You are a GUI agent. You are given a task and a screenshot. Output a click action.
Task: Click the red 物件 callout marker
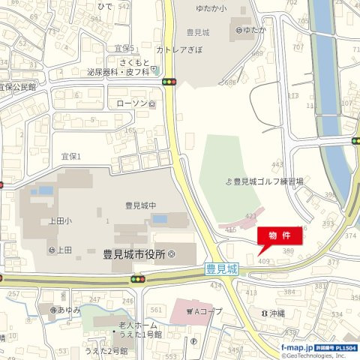pyautogui.click(x=281, y=235)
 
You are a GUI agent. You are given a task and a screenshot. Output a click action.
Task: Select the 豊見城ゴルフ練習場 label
pyautogui.click(x=268, y=181)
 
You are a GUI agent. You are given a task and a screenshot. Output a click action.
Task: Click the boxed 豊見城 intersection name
pyautogui.click(x=222, y=268)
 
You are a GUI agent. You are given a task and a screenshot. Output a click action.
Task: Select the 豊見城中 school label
pyautogui.click(x=140, y=205)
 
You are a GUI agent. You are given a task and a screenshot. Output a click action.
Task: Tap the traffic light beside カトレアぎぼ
pyautogui.click(x=169, y=81)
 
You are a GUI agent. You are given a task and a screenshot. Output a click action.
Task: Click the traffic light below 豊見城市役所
pyautogui.click(x=136, y=279)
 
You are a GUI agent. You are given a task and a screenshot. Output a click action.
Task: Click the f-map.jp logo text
pyautogui.click(x=297, y=348)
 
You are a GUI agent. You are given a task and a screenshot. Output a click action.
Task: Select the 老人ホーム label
pyautogui.click(x=136, y=325)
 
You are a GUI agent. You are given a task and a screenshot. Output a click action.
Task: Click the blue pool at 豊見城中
pyautogui.click(x=159, y=219)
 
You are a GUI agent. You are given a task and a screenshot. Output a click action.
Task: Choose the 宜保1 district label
pyautogui.click(x=70, y=156)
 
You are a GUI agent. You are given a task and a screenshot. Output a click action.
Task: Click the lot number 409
pyautogui.click(x=263, y=261)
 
